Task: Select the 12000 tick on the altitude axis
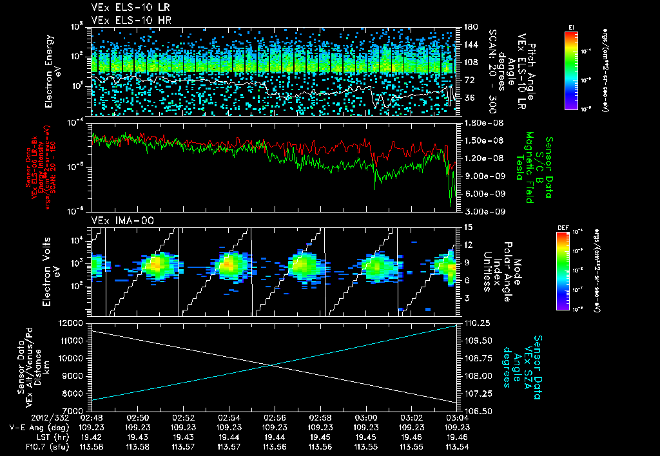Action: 72,322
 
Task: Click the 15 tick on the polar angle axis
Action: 465,227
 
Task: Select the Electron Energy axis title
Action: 52,71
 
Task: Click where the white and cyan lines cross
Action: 272,366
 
